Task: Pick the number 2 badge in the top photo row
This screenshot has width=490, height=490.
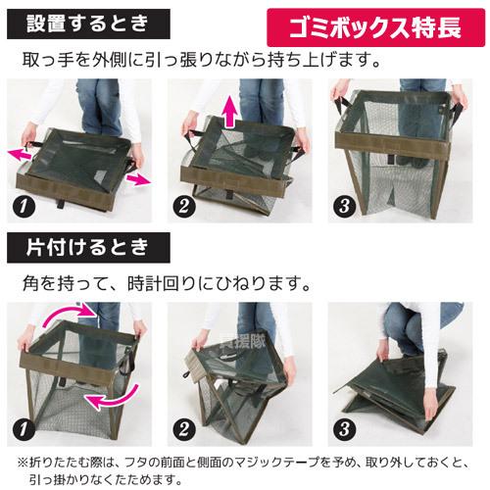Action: [183, 206]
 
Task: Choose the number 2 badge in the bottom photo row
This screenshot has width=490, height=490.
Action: [183, 428]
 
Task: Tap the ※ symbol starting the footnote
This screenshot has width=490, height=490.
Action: [21, 461]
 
